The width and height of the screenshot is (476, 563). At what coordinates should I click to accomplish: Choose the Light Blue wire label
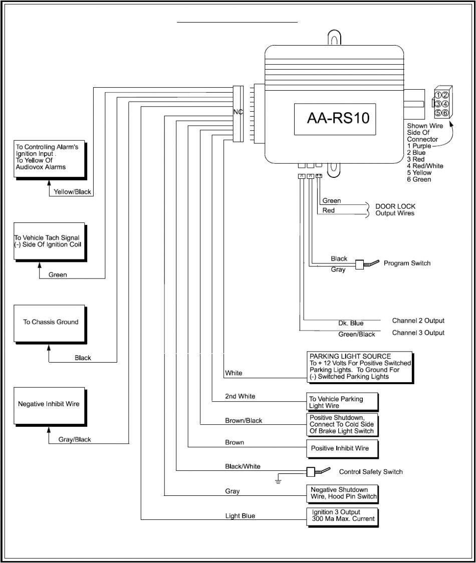[x=241, y=515]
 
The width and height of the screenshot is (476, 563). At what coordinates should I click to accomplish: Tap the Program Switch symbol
[x=365, y=264]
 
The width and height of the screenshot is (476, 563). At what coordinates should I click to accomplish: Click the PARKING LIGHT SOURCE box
[x=360, y=367]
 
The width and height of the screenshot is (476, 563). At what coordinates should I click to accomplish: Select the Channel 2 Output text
[x=418, y=321]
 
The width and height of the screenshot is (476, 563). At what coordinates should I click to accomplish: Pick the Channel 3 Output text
[x=418, y=333]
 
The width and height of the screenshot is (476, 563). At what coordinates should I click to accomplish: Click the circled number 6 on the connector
[x=445, y=113]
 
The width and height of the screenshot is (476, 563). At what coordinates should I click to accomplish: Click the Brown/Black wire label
[x=244, y=421]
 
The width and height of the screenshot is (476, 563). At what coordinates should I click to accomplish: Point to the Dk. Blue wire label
[x=351, y=323]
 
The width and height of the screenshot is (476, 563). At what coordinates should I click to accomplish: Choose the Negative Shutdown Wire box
[x=343, y=493]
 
